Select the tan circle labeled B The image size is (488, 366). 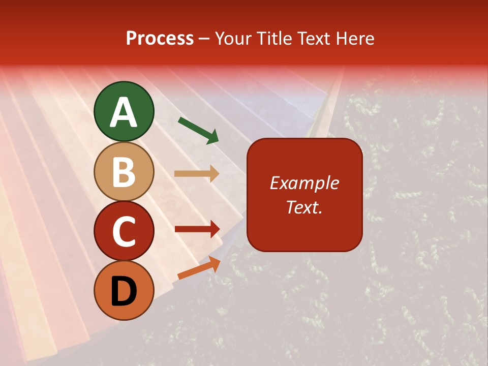point(124,171)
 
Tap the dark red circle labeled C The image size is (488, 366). point(124,231)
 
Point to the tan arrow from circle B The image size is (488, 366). point(197,173)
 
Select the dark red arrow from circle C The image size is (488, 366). point(197,229)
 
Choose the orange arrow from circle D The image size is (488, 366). point(199,268)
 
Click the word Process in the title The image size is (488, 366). point(160,39)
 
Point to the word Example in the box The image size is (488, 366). point(304,183)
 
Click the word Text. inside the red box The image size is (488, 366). point(304,207)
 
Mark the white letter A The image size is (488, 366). point(124,113)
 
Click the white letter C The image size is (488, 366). point(124,232)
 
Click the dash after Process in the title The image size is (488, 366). point(204,39)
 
